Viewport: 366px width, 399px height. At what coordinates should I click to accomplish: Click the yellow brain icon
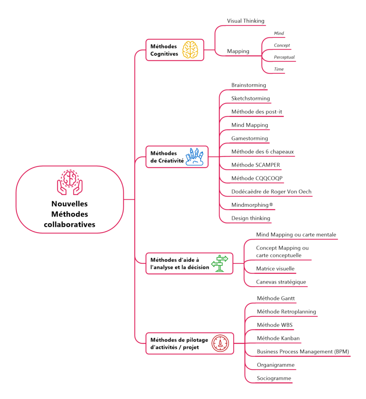pyautogui.click(x=191, y=50)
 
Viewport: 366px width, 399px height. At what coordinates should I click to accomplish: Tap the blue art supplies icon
pyautogui.click(x=195, y=157)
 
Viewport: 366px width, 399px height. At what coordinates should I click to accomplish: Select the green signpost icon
pyautogui.click(x=220, y=263)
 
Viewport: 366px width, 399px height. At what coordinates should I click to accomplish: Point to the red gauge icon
pyautogui.click(x=220, y=343)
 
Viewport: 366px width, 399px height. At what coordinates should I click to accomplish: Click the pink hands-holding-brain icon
pyautogui.click(x=69, y=183)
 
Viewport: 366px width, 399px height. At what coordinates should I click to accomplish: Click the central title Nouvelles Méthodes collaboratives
pyautogui.click(x=69, y=214)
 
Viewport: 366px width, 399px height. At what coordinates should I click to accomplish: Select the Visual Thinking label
pyautogui.click(x=246, y=21)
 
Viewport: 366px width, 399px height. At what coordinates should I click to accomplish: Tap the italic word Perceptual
pyautogui.click(x=284, y=57)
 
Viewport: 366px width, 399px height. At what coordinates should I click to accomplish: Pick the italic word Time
pyautogui.click(x=279, y=69)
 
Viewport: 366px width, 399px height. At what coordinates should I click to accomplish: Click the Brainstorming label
pyautogui.click(x=248, y=85)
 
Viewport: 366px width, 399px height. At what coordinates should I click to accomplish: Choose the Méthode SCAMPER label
pyautogui.click(x=256, y=165)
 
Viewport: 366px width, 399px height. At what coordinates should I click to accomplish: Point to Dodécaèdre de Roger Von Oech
pyautogui.click(x=271, y=192)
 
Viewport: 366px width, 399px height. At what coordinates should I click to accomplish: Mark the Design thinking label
pyautogui.click(x=250, y=218)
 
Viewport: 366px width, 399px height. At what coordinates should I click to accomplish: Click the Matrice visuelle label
pyautogui.click(x=275, y=269)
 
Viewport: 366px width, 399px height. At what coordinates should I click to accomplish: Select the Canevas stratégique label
pyautogui.click(x=281, y=282)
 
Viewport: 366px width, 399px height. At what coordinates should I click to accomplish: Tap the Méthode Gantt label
pyautogui.click(x=276, y=298)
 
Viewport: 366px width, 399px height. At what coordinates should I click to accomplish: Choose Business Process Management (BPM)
pyautogui.click(x=303, y=352)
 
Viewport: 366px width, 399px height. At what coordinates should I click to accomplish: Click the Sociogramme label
pyautogui.click(x=274, y=378)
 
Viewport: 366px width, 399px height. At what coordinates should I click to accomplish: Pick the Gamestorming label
pyautogui.click(x=250, y=139)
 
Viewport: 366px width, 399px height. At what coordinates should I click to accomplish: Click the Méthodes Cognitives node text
pyautogui.click(x=163, y=50)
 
